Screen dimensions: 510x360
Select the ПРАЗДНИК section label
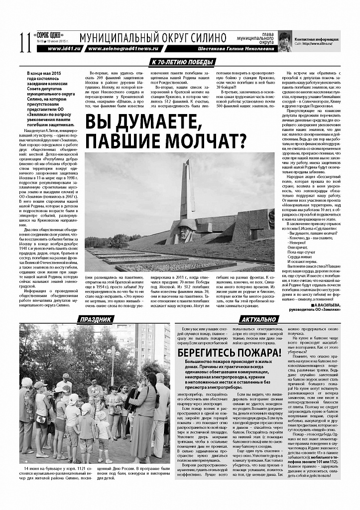click(93, 319)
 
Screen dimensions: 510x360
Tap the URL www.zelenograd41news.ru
click(122, 49)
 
